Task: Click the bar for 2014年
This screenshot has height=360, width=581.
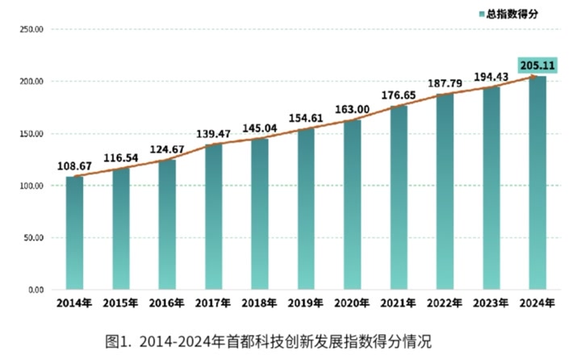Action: pos(74,233)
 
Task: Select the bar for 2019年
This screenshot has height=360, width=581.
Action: pos(306,209)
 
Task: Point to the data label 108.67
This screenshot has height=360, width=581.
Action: pos(74,166)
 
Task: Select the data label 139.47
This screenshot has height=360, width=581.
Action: pos(213,134)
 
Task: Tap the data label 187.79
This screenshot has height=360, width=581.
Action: pos(445,84)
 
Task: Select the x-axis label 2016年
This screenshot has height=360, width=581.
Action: pos(167,303)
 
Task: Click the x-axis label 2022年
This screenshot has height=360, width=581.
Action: pos(445,303)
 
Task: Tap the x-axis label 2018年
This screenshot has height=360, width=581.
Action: pos(260,303)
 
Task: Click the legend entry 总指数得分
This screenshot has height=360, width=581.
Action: pos(512,14)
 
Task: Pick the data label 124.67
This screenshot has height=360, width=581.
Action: pos(167,149)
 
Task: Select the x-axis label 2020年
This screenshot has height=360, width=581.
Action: pos(352,303)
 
